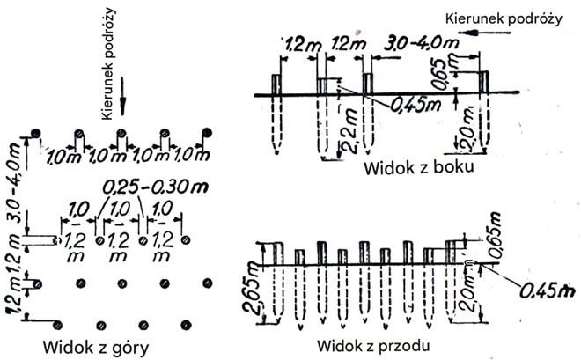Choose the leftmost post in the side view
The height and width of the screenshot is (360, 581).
pos(276,84)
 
